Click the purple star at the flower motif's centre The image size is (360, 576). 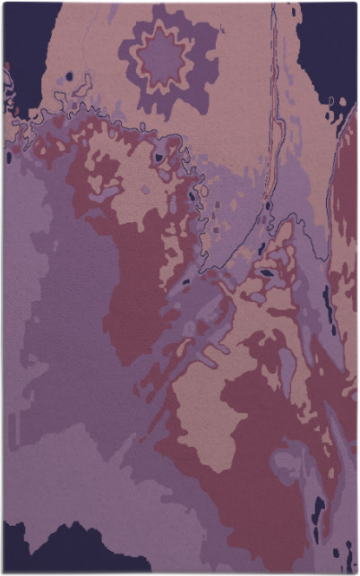tap(162, 58)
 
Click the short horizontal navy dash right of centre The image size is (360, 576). tap(267, 272)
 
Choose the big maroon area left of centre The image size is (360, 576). tap(134, 287)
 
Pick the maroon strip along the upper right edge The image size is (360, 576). tap(345, 179)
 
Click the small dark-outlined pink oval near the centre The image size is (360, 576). tap(201, 191)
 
